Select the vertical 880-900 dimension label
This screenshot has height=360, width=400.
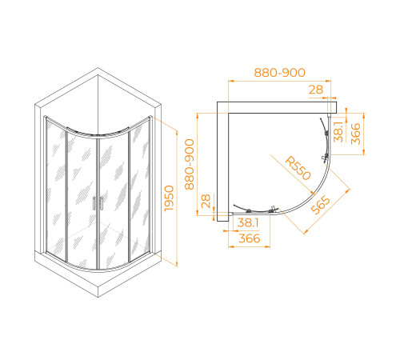(x=190, y=164)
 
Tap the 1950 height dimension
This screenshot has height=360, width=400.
(x=169, y=198)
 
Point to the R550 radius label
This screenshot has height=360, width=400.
(x=298, y=168)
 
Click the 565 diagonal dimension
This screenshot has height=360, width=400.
(x=321, y=205)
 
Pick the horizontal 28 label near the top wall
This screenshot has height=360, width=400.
(x=316, y=90)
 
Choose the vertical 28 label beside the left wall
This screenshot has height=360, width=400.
(x=206, y=201)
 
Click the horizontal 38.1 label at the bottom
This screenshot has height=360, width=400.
(x=248, y=222)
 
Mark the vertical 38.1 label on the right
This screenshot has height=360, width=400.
(x=338, y=131)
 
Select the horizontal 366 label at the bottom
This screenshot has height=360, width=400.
(x=250, y=238)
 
